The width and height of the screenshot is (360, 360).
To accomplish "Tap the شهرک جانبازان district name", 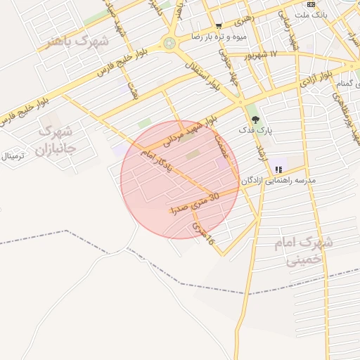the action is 54,139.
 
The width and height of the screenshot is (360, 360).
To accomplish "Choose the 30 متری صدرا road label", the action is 194,203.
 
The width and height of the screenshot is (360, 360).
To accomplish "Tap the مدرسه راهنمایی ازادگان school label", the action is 278,181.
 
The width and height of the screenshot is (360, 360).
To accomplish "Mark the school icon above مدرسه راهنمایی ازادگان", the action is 278,169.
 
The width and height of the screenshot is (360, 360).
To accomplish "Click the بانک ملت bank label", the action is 311,14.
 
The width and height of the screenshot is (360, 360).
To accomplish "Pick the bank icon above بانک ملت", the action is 311,4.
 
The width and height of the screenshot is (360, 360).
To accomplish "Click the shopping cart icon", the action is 219,26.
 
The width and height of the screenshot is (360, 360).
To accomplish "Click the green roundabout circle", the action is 169,44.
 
